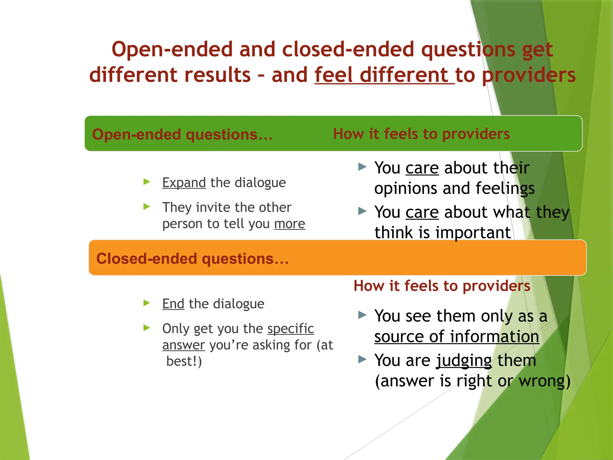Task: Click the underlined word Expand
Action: pos(184,183)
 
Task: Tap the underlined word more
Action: pos(289,224)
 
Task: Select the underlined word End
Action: pos(173,304)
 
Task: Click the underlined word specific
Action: pos(291,329)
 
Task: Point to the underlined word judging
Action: pos(464,361)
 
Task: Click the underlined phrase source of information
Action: pos(456,337)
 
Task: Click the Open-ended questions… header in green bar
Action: pos(182,134)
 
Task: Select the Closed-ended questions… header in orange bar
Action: pos(192,258)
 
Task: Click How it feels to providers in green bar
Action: pos(421,134)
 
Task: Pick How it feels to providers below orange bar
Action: pos(441,286)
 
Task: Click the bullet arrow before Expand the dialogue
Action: pos(147,181)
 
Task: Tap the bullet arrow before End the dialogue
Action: pos(147,303)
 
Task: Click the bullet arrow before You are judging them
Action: pos(362,359)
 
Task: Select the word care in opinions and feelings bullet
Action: pos(422,168)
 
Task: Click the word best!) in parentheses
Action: pos(184,361)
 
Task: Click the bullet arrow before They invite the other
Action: pos(147,206)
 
